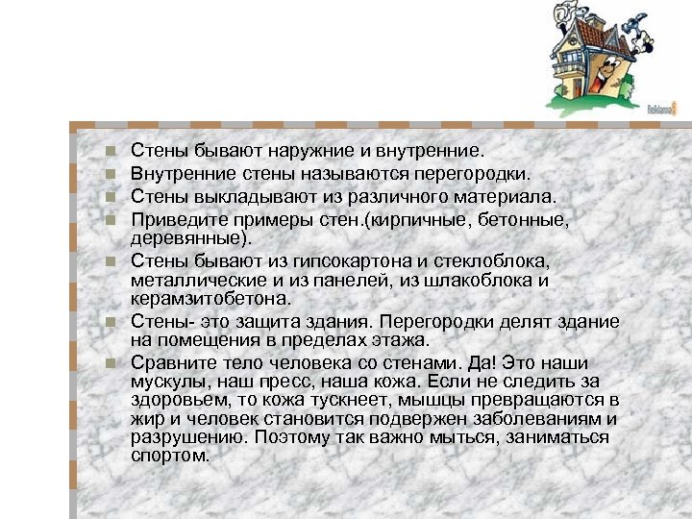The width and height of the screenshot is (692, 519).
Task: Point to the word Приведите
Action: pos(169,219)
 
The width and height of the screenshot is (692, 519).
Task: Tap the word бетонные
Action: pos(526,219)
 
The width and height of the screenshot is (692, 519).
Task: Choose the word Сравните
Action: pos(165,363)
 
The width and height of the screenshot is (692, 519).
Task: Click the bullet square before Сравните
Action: pos(111,364)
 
